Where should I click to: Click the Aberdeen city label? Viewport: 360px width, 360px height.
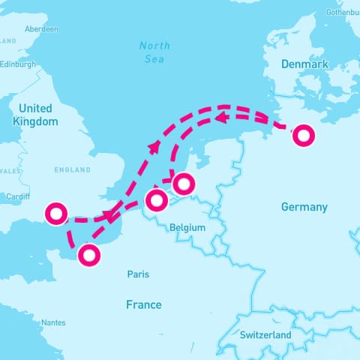(41, 29)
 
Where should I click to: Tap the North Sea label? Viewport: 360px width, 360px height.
(155, 52)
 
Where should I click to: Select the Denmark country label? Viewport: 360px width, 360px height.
(304, 64)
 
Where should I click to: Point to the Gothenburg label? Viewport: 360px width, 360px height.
(343, 13)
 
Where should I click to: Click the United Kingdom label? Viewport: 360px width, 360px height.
(36, 115)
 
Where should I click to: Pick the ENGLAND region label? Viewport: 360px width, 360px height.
(73, 170)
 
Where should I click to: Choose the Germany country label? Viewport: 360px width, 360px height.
(304, 207)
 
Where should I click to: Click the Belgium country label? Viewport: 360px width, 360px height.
(187, 227)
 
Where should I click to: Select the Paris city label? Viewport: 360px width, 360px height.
(138, 274)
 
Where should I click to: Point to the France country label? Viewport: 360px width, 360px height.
(143, 304)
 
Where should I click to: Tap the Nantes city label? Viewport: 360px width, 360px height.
(53, 322)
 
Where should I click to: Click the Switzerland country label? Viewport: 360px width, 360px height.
(265, 334)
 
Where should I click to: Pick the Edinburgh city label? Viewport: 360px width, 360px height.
(18, 64)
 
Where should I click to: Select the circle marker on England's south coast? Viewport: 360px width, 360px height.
(56, 213)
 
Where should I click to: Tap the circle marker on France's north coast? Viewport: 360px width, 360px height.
(89, 255)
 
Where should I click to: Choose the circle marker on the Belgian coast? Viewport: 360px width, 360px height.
(156, 200)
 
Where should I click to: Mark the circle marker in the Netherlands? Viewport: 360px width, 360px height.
(183, 183)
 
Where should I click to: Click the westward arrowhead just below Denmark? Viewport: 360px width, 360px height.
(220, 118)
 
